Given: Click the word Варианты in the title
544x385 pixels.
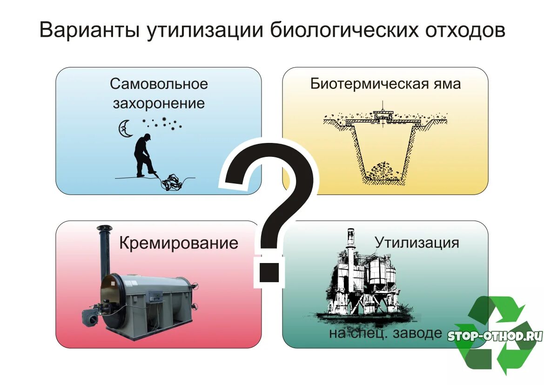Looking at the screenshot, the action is [x=88, y=31].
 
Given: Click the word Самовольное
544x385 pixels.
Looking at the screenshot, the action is [x=159, y=84].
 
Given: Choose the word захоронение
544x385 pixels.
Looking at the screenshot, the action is [x=159, y=103].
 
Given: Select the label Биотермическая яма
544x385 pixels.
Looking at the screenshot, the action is [x=385, y=84].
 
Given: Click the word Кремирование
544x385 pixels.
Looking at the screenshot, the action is [x=179, y=243].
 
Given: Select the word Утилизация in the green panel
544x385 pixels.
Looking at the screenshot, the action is [x=416, y=243].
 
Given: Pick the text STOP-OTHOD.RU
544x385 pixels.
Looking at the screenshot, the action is [x=495, y=336].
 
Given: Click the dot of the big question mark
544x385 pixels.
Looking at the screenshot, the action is [x=268, y=271].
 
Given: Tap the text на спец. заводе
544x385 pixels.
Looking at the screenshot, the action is [x=385, y=333].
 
